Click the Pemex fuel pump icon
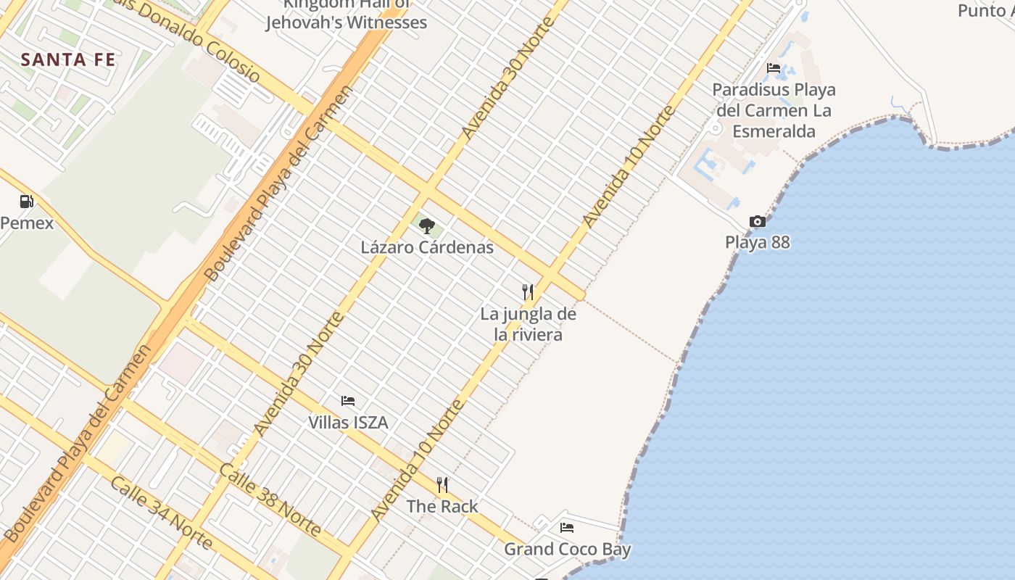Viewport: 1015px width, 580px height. pyautogui.click(x=26, y=202)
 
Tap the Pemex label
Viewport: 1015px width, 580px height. pyautogui.click(x=27, y=223)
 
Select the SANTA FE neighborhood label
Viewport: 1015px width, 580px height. pyautogui.click(x=68, y=59)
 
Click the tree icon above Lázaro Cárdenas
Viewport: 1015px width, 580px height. pyautogui.click(x=427, y=225)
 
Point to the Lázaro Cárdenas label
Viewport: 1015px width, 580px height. pyautogui.click(x=427, y=247)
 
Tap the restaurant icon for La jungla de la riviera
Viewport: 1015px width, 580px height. pyautogui.click(x=528, y=292)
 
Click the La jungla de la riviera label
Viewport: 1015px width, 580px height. pyautogui.click(x=529, y=324)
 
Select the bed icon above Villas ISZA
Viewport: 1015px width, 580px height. pyautogui.click(x=348, y=401)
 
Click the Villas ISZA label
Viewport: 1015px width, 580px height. pyautogui.click(x=348, y=422)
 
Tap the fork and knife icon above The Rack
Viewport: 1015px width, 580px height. pyautogui.click(x=442, y=485)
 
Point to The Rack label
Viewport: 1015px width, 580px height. pyautogui.click(x=442, y=506)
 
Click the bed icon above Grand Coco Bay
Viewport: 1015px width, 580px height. pyautogui.click(x=567, y=528)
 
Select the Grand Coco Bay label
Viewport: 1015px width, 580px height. pyautogui.click(x=567, y=549)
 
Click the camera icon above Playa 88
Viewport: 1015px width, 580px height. pyautogui.click(x=757, y=221)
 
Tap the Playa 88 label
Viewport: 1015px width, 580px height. pyautogui.click(x=757, y=242)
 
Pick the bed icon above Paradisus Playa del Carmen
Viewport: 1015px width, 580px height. pyautogui.click(x=774, y=69)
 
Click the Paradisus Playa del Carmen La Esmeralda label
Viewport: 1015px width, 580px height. pyautogui.click(x=774, y=111)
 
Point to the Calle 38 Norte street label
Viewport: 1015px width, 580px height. pyautogui.click(x=270, y=500)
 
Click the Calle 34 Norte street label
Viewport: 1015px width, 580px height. pyautogui.click(x=161, y=513)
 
